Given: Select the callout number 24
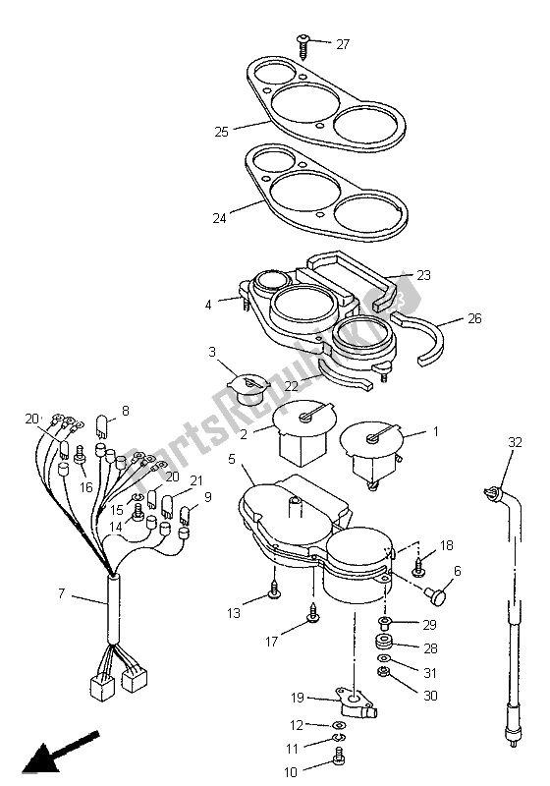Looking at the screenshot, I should click(220, 218).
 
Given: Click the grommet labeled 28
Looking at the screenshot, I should click(383, 643).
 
